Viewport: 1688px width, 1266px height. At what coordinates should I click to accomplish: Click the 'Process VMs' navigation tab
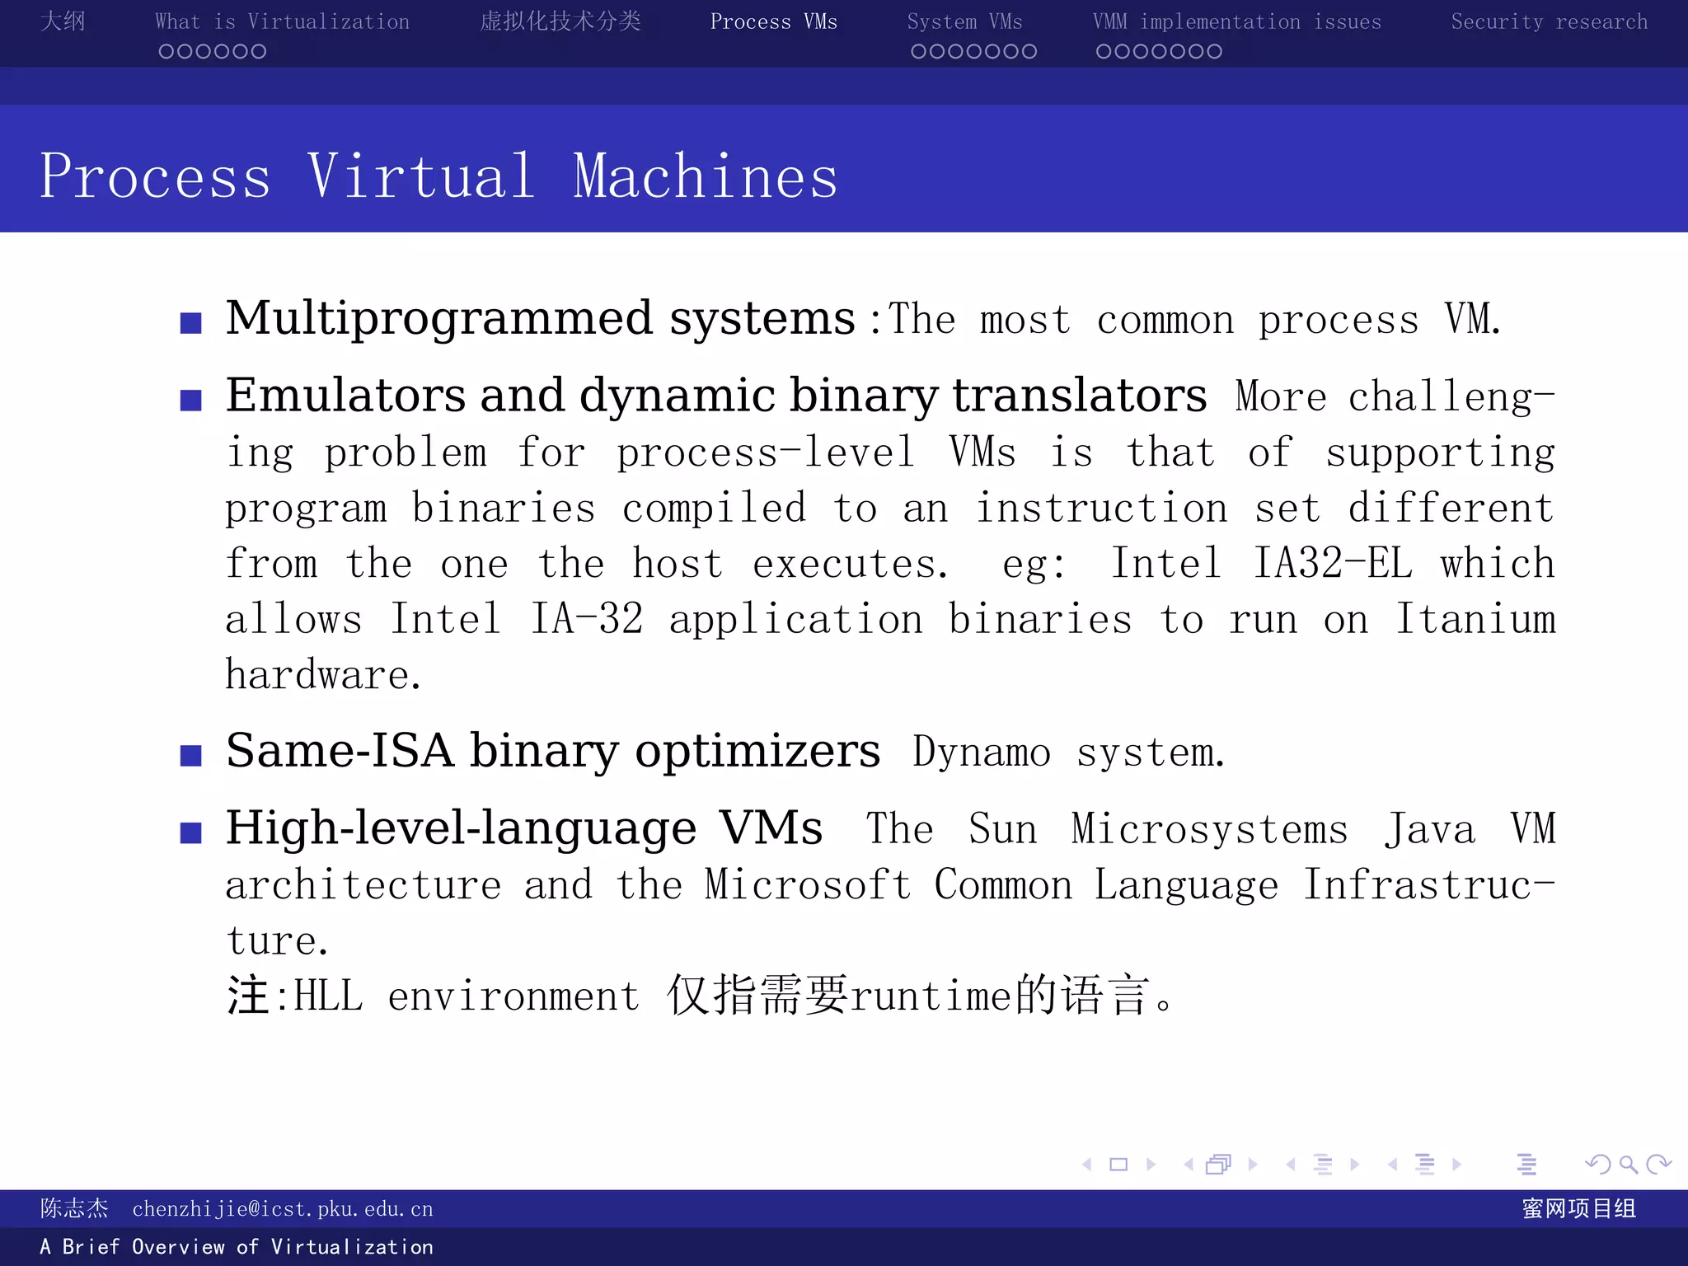pos(773,21)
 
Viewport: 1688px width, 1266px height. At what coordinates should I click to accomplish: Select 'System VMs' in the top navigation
pos(964,21)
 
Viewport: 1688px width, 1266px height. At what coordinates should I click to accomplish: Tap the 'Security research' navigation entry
pos(1549,21)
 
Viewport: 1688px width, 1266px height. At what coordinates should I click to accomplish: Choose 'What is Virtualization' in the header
pos(282,21)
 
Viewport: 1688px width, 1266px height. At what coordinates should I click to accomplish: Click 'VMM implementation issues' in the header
pos(1236,21)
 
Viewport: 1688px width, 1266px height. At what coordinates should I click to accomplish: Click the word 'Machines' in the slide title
pos(706,176)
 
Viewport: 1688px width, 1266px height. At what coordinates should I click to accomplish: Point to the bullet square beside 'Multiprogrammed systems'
pos(191,322)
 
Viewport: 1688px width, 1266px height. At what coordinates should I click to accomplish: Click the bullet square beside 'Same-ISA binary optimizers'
pos(191,755)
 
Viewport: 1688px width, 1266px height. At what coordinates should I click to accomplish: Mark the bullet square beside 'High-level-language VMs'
pos(191,832)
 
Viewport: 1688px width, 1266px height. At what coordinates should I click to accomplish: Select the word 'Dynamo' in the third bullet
pos(981,753)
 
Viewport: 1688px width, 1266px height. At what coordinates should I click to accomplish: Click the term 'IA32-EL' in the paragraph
pos(1332,564)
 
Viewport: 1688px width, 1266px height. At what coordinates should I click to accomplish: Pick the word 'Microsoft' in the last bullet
pos(808,885)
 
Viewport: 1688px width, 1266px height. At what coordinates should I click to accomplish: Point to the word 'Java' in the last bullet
pos(1429,829)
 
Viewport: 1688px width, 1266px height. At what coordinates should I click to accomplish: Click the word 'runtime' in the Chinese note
pos(931,996)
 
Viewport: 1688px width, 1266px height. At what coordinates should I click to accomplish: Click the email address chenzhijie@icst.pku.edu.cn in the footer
pos(282,1209)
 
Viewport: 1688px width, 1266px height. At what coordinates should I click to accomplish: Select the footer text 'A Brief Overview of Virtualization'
pos(237,1247)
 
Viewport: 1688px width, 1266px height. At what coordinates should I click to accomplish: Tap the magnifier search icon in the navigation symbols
pos(1627,1164)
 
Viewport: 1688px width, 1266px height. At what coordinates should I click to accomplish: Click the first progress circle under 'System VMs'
pos(918,52)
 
